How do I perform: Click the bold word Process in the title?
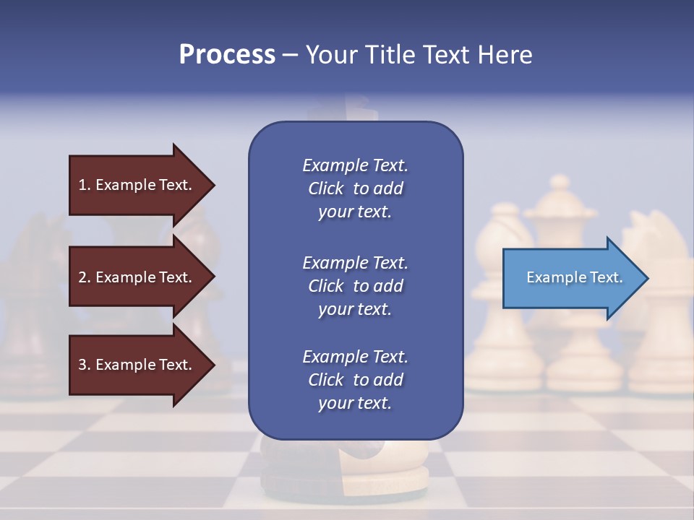click(227, 55)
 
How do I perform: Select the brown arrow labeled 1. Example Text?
click(137, 185)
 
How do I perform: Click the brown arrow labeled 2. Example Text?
click(137, 277)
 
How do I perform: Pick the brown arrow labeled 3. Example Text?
click(137, 365)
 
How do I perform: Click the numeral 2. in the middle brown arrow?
click(85, 277)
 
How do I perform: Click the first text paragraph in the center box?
click(355, 188)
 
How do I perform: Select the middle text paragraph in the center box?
click(355, 286)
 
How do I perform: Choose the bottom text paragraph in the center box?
click(355, 380)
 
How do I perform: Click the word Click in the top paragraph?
click(326, 188)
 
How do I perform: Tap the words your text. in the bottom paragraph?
click(355, 403)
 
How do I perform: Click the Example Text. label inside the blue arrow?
click(574, 277)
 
